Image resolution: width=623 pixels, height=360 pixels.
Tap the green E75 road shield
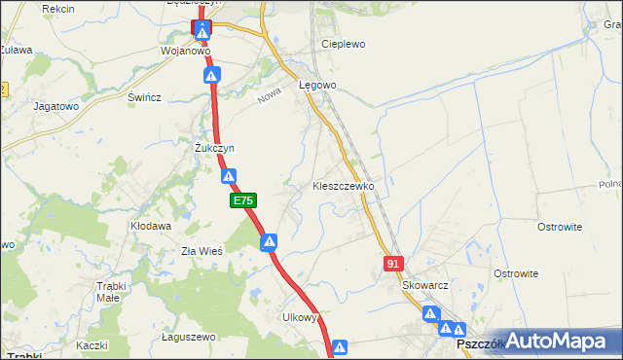tap(243, 200)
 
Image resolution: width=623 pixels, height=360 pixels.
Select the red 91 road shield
tap(393, 264)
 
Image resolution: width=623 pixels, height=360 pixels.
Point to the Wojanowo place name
tap(186, 51)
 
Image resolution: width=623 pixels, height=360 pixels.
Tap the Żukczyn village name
tap(214, 148)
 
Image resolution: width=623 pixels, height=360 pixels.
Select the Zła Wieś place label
tap(202, 251)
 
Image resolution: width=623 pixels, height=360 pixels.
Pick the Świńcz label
tap(144, 97)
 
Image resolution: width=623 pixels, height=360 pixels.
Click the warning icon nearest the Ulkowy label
tap(340, 346)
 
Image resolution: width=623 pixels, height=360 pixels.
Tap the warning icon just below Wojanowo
tap(222, 75)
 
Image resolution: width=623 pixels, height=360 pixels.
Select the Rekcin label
tap(58, 8)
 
